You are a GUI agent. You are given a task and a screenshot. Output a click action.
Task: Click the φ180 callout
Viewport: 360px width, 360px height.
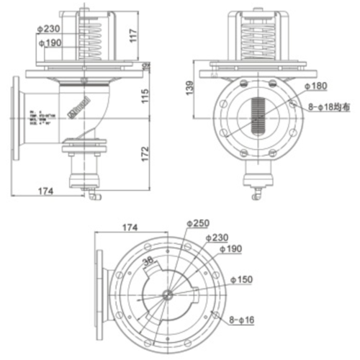314,86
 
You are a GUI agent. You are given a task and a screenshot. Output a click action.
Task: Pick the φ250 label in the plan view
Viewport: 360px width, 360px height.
202,222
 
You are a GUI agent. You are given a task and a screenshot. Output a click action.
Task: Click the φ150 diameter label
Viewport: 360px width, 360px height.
242,279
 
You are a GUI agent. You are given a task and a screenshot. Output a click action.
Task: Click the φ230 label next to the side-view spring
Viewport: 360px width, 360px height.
48,30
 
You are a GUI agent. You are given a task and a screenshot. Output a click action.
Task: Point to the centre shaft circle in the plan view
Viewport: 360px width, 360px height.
167,294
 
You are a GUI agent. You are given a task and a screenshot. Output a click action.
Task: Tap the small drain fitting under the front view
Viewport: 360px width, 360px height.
255,193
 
